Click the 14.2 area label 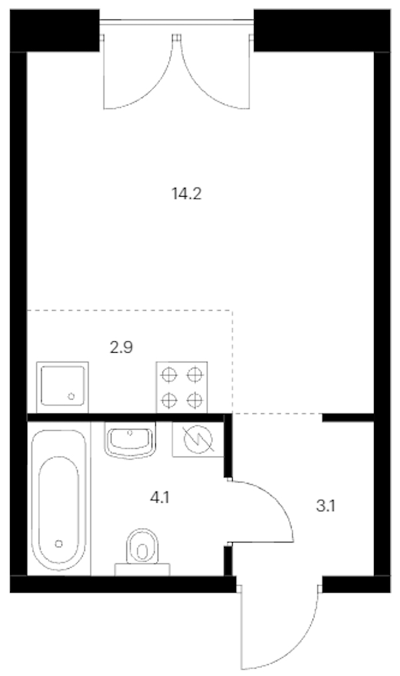pyautogui.click(x=187, y=195)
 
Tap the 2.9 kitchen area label pyautogui.click(x=121, y=347)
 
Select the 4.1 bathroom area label pyautogui.click(x=159, y=499)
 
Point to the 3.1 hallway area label pyautogui.click(x=325, y=506)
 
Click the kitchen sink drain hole pyautogui.click(x=71, y=396)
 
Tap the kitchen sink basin pyautogui.click(x=63, y=385)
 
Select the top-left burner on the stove pyautogui.click(x=168, y=375)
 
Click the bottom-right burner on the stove pyautogui.click(x=195, y=401)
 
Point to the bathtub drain pyautogui.click(x=59, y=544)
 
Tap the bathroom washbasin pyautogui.click(x=129, y=441)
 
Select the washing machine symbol pyautogui.click(x=198, y=439)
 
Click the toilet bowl pyautogui.click(x=143, y=546)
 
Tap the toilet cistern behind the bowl pyautogui.click(x=143, y=569)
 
